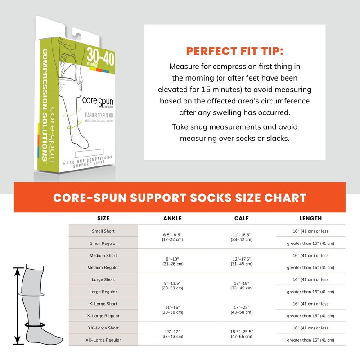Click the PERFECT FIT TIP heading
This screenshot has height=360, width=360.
coord(234,51)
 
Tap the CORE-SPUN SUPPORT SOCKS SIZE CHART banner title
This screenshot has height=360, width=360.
coord(180,198)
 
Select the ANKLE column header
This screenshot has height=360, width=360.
coord(172,218)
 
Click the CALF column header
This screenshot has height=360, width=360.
coord(242,218)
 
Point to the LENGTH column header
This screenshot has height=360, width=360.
coord(310,218)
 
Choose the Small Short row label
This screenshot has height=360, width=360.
coord(103,231)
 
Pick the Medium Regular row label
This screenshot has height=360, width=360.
coord(103,267)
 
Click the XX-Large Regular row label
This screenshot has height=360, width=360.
coord(103,340)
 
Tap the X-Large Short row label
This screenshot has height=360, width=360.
coord(103,304)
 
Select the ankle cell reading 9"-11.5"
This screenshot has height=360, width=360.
coord(172,285)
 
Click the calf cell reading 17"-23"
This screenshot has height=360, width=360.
coord(242,310)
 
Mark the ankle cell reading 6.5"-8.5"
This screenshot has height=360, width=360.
coord(172,237)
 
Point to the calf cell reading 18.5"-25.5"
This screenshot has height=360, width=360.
coord(242,334)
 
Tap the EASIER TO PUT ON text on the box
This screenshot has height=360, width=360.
coord(99,115)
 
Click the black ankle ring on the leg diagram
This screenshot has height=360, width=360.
coord(35,324)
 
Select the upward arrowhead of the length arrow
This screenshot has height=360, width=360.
coord(18,271)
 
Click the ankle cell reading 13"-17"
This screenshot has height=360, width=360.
coord(172,334)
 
